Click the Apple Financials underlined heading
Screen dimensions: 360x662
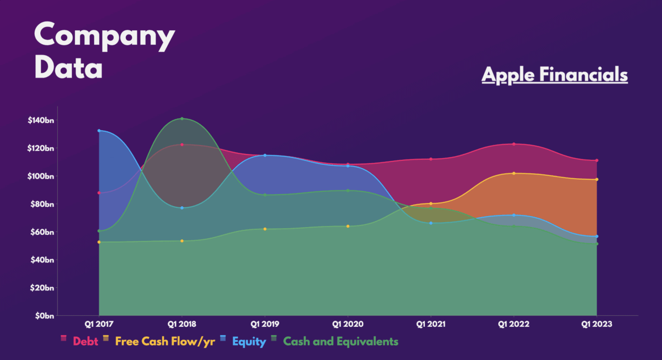click(x=554, y=74)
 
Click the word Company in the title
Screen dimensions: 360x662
click(x=104, y=36)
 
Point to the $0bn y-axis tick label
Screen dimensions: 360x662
click(x=43, y=316)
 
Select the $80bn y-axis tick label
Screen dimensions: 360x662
click(x=41, y=204)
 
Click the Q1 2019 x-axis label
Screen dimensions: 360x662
click(x=265, y=325)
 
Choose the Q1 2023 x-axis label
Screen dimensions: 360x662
click(x=596, y=325)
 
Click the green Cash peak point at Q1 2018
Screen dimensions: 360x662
click(x=182, y=119)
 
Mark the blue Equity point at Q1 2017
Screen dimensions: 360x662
click(x=99, y=131)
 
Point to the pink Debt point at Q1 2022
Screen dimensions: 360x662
click(x=514, y=144)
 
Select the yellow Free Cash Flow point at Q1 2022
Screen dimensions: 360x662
click(x=514, y=173)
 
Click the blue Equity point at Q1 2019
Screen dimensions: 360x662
click(x=265, y=155)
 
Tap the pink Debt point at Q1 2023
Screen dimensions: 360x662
click(x=597, y=160)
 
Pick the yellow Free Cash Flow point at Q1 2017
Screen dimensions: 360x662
click(x=99, y=242)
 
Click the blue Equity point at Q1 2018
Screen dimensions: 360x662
click(x=182, y=208)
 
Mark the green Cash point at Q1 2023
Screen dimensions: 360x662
click(x=597, y=244)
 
